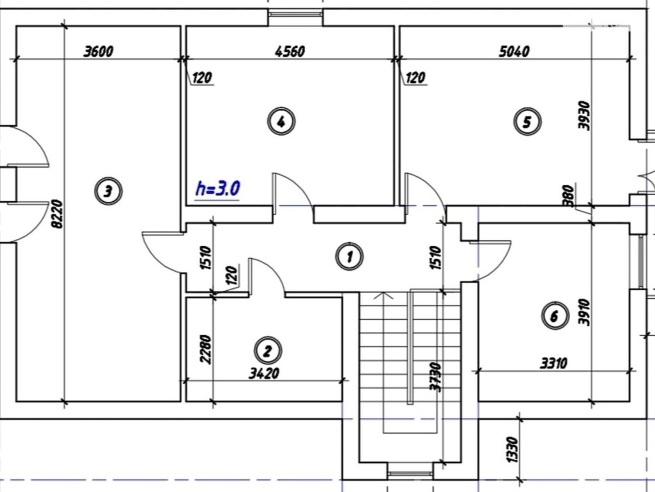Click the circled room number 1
pos(350,257)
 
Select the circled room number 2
pos(268,351)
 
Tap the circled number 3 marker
pos(108,191)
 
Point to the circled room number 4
pos(281,121)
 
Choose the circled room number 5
pos(527,122)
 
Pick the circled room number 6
pos(555,316)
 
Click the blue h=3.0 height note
pos(217,189)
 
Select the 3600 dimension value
pos(99,51)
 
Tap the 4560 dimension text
pos(290,51)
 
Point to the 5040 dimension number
pos(514,51)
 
